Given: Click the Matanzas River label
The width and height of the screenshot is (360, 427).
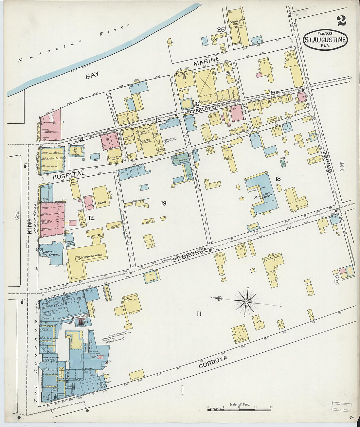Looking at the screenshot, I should pos(74,43).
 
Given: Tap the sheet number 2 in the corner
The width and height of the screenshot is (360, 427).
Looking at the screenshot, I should pos(341,21).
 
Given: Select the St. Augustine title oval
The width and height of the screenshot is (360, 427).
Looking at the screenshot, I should pos(325,40).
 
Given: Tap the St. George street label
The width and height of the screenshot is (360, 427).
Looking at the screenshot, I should pos(190,254).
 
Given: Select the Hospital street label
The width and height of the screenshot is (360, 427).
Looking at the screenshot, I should pos(69,175).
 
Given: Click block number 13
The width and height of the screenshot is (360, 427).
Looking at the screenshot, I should pos(163,204).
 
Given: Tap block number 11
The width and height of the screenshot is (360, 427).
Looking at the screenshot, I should pos(199,314).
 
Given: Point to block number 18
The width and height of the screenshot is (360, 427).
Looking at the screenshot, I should pos(278,179).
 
